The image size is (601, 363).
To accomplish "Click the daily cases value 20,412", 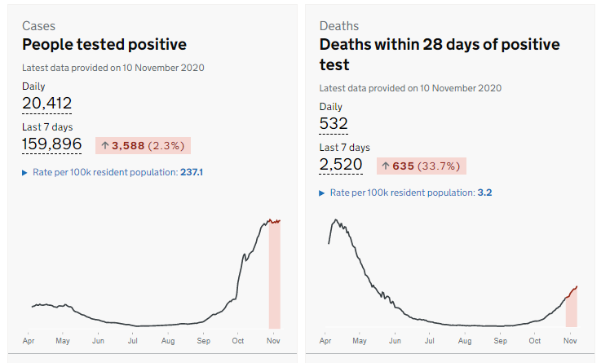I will pos(46,104).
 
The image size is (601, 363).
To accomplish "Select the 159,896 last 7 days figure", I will pos(51,144).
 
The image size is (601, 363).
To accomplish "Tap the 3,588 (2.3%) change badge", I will pos(143,146).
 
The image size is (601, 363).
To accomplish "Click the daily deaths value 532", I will pos(334,124).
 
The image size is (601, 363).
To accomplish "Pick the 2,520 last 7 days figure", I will pos(342,166).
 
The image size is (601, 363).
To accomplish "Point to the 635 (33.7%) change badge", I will pos(421,166).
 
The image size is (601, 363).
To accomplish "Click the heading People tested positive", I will pos(104,45).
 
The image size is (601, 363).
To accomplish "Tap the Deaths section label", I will pos(338,26).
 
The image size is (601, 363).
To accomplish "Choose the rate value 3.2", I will pos(484,193).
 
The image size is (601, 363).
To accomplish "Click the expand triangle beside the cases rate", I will pos(25,173).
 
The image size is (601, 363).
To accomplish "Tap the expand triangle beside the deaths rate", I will pos(322,193).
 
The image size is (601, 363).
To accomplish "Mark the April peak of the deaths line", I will pos(334,219).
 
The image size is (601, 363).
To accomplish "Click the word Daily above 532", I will pos(331,107).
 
